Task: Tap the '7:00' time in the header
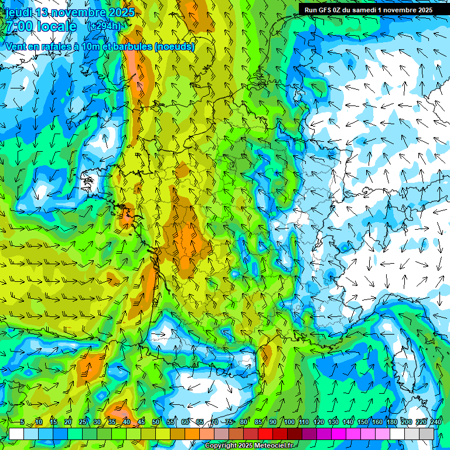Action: point(19,27)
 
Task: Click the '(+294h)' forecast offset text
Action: point(105,26)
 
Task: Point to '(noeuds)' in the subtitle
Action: point(175,46)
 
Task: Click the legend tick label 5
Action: point(22,422)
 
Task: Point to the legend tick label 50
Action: point(155,422)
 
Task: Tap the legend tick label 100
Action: point(289,422)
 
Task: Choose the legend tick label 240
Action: point(436,422)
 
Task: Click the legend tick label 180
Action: point(392,422)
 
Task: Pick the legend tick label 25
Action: point(82,422)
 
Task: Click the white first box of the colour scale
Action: point(16,434)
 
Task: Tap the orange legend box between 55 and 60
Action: point(178,434)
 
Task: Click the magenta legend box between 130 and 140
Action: point(339,434)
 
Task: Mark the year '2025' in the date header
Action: point(121,12)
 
